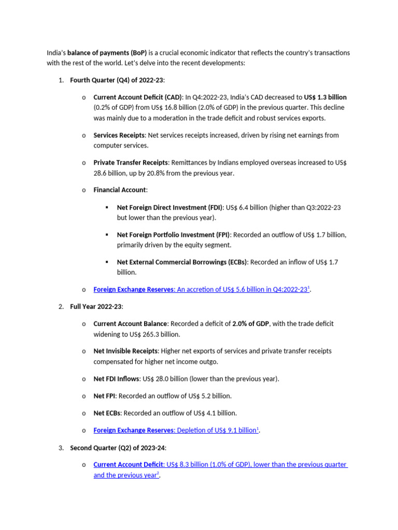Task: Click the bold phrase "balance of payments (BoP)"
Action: coord(107,53)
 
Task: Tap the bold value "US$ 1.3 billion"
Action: coord(325,97)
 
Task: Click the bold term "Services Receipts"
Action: coord(119,135)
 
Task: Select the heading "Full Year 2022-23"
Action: coord(96,307)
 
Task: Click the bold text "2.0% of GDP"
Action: coord(251,323)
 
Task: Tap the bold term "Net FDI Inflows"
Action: coord(116,379)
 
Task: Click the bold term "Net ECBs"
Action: coord(107,413)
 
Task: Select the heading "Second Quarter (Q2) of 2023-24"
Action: coord(118,448)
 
